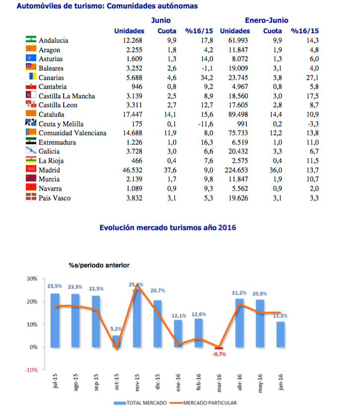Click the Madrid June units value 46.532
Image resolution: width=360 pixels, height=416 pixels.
(x=132, y=170)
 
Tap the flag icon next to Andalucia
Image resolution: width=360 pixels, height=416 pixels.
(x=31, y=40)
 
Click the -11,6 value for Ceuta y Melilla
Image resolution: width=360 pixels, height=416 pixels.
(x=203, y=124)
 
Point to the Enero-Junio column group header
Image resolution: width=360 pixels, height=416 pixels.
(x=266, y=20)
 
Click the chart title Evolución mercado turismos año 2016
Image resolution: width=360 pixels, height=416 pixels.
(x=168, y=228)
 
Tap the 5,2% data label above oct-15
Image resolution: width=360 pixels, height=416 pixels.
(x=116, y=329)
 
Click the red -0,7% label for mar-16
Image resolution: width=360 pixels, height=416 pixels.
(x=219, y=354)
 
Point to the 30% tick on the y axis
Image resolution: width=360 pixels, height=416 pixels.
(x=31, y=278)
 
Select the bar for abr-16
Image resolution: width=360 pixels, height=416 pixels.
(x=240, y=323)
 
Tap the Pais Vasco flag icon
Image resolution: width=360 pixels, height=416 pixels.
(x=31, y=198)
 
